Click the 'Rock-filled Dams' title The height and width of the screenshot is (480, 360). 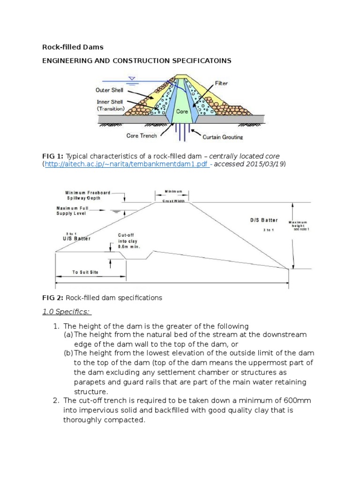[73, 47]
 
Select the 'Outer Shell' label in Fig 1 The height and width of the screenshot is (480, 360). [109, 90]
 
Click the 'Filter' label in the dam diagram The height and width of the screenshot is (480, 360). [221, 83]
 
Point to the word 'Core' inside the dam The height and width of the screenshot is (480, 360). [182, 112]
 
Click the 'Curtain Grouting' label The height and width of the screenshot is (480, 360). [223, 137]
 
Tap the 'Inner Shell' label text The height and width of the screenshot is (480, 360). [109, 102]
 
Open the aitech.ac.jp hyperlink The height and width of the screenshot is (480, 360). [127, 165]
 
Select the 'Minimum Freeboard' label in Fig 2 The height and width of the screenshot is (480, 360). [88, 192]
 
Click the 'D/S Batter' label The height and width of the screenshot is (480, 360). [264, 220]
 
